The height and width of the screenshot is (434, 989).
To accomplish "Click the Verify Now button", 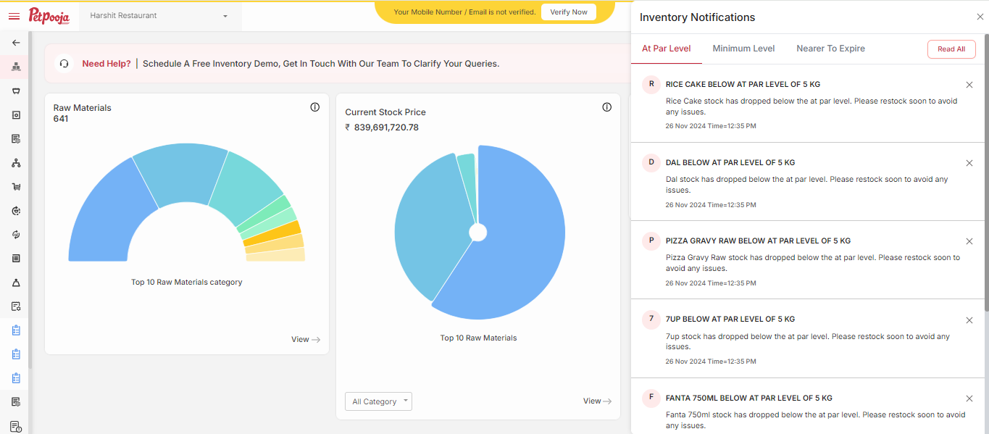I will tap(569, 12).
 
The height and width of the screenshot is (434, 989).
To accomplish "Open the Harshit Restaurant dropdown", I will tap(159, 15).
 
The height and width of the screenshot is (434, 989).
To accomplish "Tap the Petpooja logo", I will tap(49, 15).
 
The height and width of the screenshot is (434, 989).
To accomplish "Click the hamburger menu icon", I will tap(14, 16).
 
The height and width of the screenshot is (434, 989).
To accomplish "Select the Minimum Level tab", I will tap(743, 49).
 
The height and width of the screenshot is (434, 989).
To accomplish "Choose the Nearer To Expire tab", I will tap(830, 49).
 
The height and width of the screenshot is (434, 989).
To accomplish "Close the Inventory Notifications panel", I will tap(980, 17).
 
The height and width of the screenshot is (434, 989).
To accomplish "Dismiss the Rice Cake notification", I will tap(969, 85).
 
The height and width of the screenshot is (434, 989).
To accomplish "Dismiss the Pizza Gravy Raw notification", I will tap(969, 241).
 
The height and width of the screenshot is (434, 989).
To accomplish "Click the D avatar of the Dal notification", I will tap(651, 163).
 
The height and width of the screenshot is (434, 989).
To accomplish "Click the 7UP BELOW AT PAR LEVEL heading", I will tap(730, 319).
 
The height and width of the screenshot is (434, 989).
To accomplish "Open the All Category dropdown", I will tap(378, 401).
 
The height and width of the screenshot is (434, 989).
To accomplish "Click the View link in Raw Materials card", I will tap(305, 339).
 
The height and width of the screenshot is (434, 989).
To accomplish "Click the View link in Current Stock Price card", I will tap(597, 401).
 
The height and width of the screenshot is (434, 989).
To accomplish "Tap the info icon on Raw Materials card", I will tap(314, 107).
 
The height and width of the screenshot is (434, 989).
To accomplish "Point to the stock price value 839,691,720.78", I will tap(386, 128).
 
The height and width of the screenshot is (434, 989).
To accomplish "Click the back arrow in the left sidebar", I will tap(16, 43).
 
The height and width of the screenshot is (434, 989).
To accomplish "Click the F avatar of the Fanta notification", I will tap(651, 398).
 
